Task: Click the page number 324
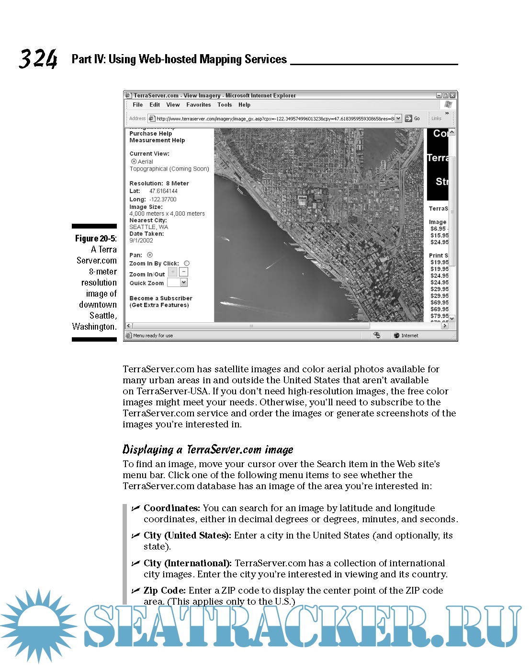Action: click(38, 59)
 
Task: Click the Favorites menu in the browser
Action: click(198, 105)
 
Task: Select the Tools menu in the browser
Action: click(224, 105)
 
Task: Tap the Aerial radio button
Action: click(134, 161)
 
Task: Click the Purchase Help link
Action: click(150, 134)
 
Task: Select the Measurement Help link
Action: click(157, 140)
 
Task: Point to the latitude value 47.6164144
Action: click(163, 191)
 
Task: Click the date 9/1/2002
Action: click(141, 241)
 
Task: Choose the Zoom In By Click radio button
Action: click(187, 263)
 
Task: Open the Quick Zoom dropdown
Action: click(184, 283)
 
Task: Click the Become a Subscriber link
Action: click(161, 298)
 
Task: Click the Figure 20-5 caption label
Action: click(96, 239)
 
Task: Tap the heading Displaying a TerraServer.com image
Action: click(208, 450)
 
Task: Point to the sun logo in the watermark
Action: click(38, 625)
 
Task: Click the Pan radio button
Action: click(150, 255)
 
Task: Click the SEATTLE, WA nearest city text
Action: click(148, 227)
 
